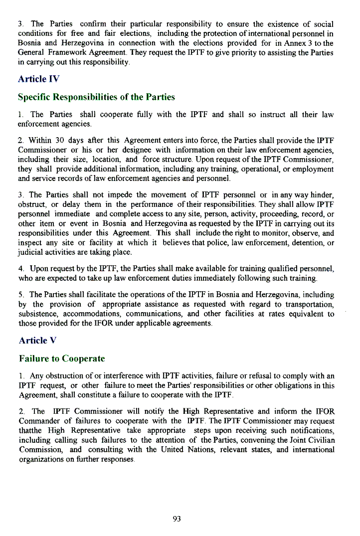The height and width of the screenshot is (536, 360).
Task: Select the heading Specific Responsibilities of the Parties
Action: (x=96, y=97)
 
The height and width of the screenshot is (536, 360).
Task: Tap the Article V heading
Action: (x=37, y=341)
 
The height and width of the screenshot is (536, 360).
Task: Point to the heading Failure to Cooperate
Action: (x=61, y=358)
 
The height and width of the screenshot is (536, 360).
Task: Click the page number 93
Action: (x=177, y=519)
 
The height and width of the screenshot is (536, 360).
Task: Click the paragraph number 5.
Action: (x=20, y=295)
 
